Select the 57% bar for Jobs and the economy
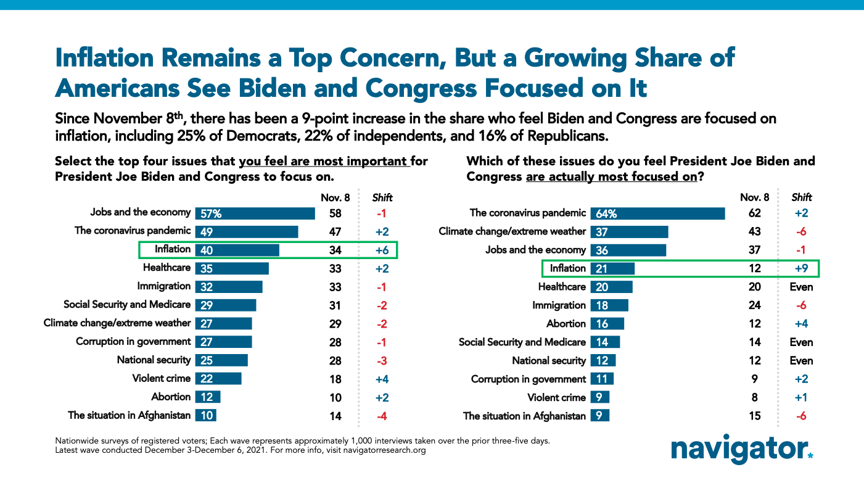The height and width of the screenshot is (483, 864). click(255, 213)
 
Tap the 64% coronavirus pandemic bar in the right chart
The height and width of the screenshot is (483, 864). click(657, 213)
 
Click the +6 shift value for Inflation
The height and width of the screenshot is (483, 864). click(382, 250)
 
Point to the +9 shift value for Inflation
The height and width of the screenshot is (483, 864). click(802, 268)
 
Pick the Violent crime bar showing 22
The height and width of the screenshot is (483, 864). click(218, 379)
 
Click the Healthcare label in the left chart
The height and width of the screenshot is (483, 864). click(167, 268)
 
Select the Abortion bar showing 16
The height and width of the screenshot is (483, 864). click(607, 324)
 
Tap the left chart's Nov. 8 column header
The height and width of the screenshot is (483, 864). click(334, 198)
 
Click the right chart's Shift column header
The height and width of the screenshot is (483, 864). click(802, 198)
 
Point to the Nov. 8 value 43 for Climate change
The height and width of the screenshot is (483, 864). click(754, 231)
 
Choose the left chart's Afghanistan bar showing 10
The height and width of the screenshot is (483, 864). click(206, 416)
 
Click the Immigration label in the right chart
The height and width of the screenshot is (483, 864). click(559, 305)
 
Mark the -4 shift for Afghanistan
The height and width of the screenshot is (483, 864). click(382, 416)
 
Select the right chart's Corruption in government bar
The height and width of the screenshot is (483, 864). click(602, 379)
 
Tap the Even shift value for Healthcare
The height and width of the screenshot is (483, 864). click(802, 287)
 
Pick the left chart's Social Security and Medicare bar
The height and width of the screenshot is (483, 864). click(226, 305)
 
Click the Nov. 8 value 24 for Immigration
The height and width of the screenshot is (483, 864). click(754, 305)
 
